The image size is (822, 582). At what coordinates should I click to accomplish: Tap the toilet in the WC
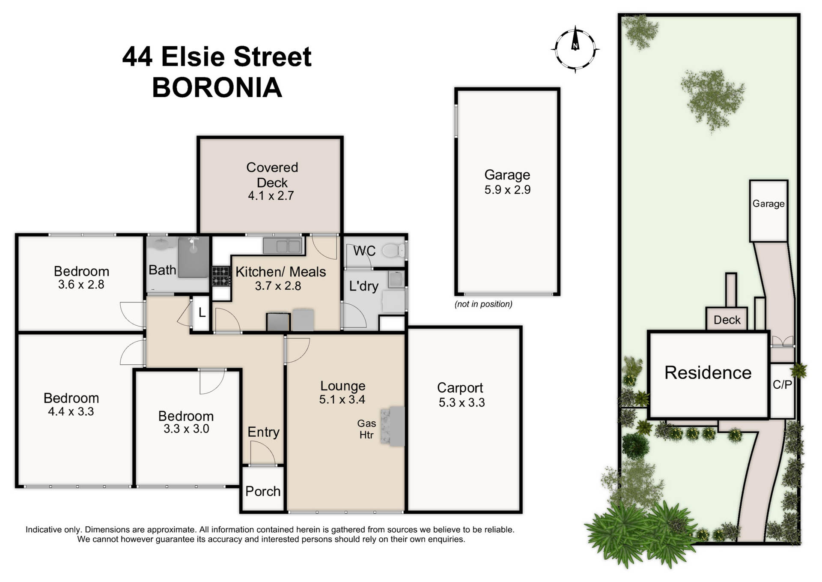(x=393, y=250)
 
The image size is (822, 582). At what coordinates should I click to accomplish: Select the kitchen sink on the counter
(x=283, y=246)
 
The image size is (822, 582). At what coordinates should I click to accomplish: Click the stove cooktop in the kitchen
(x=221, y=276)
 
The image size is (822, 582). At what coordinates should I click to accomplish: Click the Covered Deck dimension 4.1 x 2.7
(x=271, y=196)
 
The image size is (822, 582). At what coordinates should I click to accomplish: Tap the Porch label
(x=262, y=491)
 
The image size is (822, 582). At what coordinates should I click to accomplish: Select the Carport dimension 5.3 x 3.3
(x=461, y=402)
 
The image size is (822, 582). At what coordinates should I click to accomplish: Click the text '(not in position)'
(x=483, y=304)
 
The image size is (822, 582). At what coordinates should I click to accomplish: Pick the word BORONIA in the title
(x=217, y=87)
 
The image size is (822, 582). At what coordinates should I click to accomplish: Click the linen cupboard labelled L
(x=202, y=312)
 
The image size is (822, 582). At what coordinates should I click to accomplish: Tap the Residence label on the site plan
(x=707, y=372)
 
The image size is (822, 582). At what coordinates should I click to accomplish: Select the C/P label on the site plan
(x=782, y=384)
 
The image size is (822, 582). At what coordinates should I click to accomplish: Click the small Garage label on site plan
(x=768, y=204)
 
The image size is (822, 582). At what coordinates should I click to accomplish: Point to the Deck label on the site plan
(x=727, y=320)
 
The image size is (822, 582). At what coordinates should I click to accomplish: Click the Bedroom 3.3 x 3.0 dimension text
(x=186, y=429)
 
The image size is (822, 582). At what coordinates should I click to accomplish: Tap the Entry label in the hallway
(x=263, y=432)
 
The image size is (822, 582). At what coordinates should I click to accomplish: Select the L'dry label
(x=363, y=286)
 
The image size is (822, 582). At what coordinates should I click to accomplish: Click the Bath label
(x=162, y=270)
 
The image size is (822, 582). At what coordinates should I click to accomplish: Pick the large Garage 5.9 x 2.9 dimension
(x=507, y=190)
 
